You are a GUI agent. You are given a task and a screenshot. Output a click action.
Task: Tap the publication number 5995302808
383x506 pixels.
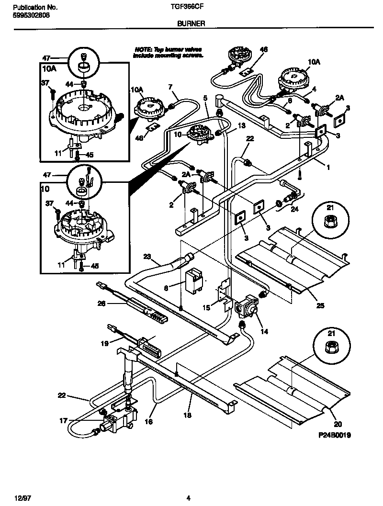pos(29,15)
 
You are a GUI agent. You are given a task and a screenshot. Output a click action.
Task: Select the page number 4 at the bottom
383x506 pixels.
pos(189,498)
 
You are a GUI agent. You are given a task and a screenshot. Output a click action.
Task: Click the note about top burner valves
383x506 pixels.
pos(168,52)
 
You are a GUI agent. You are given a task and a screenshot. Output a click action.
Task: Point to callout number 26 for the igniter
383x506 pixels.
pos(101,303)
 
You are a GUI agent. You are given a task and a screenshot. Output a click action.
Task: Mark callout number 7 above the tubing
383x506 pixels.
pos(169,86)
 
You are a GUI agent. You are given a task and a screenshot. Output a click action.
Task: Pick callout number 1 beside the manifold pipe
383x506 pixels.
pos(328,169)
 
